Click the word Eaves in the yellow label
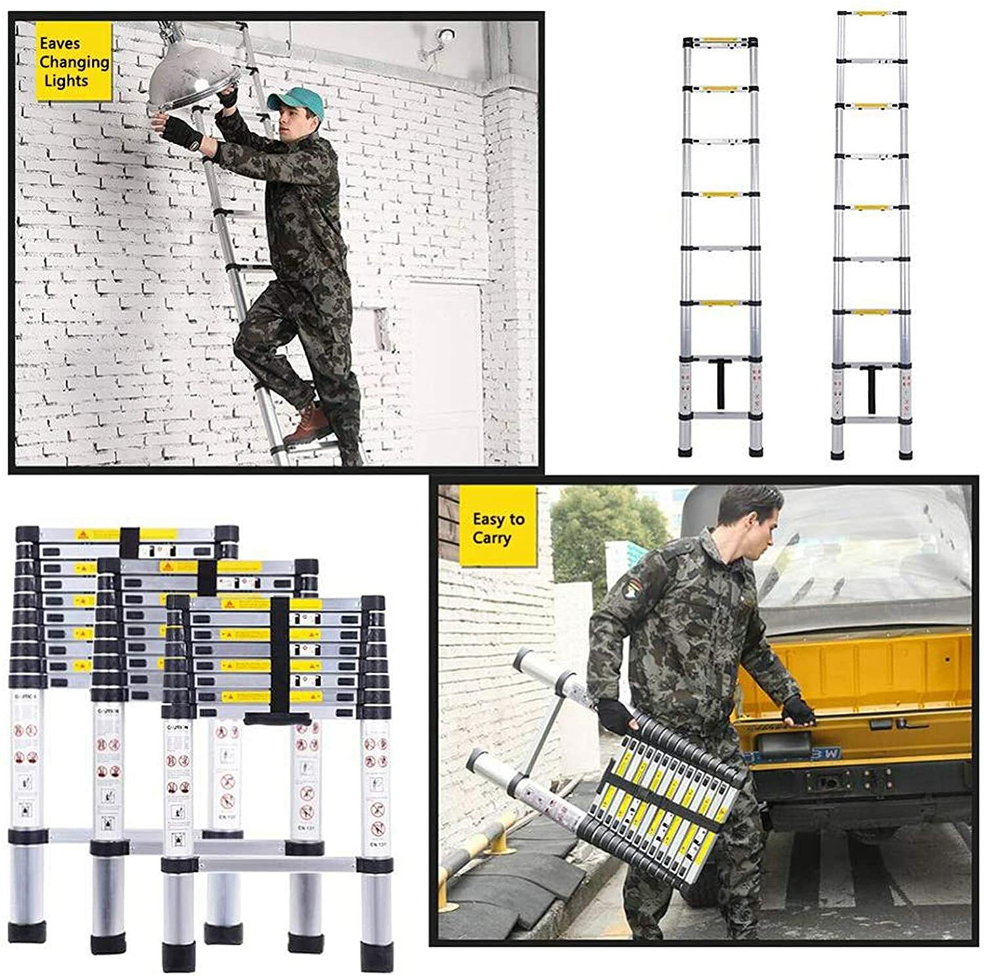tap(60, 44)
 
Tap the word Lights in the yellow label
tap(66, 81)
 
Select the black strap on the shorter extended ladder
tap(720, 385)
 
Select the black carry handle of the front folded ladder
tap(278, 718)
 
